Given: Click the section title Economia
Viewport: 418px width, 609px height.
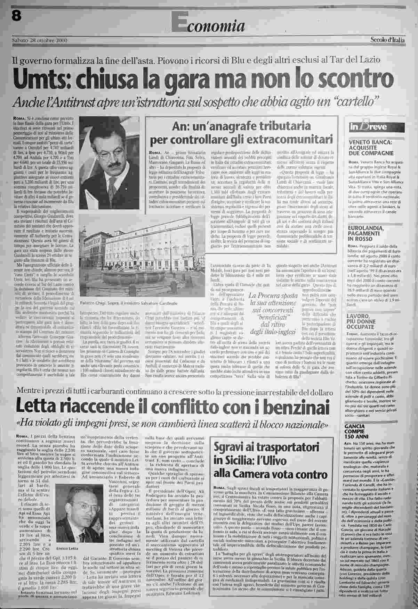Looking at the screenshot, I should [x=209, y=24].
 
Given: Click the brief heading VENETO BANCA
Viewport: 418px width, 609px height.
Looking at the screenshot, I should [x=370, y=142].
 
